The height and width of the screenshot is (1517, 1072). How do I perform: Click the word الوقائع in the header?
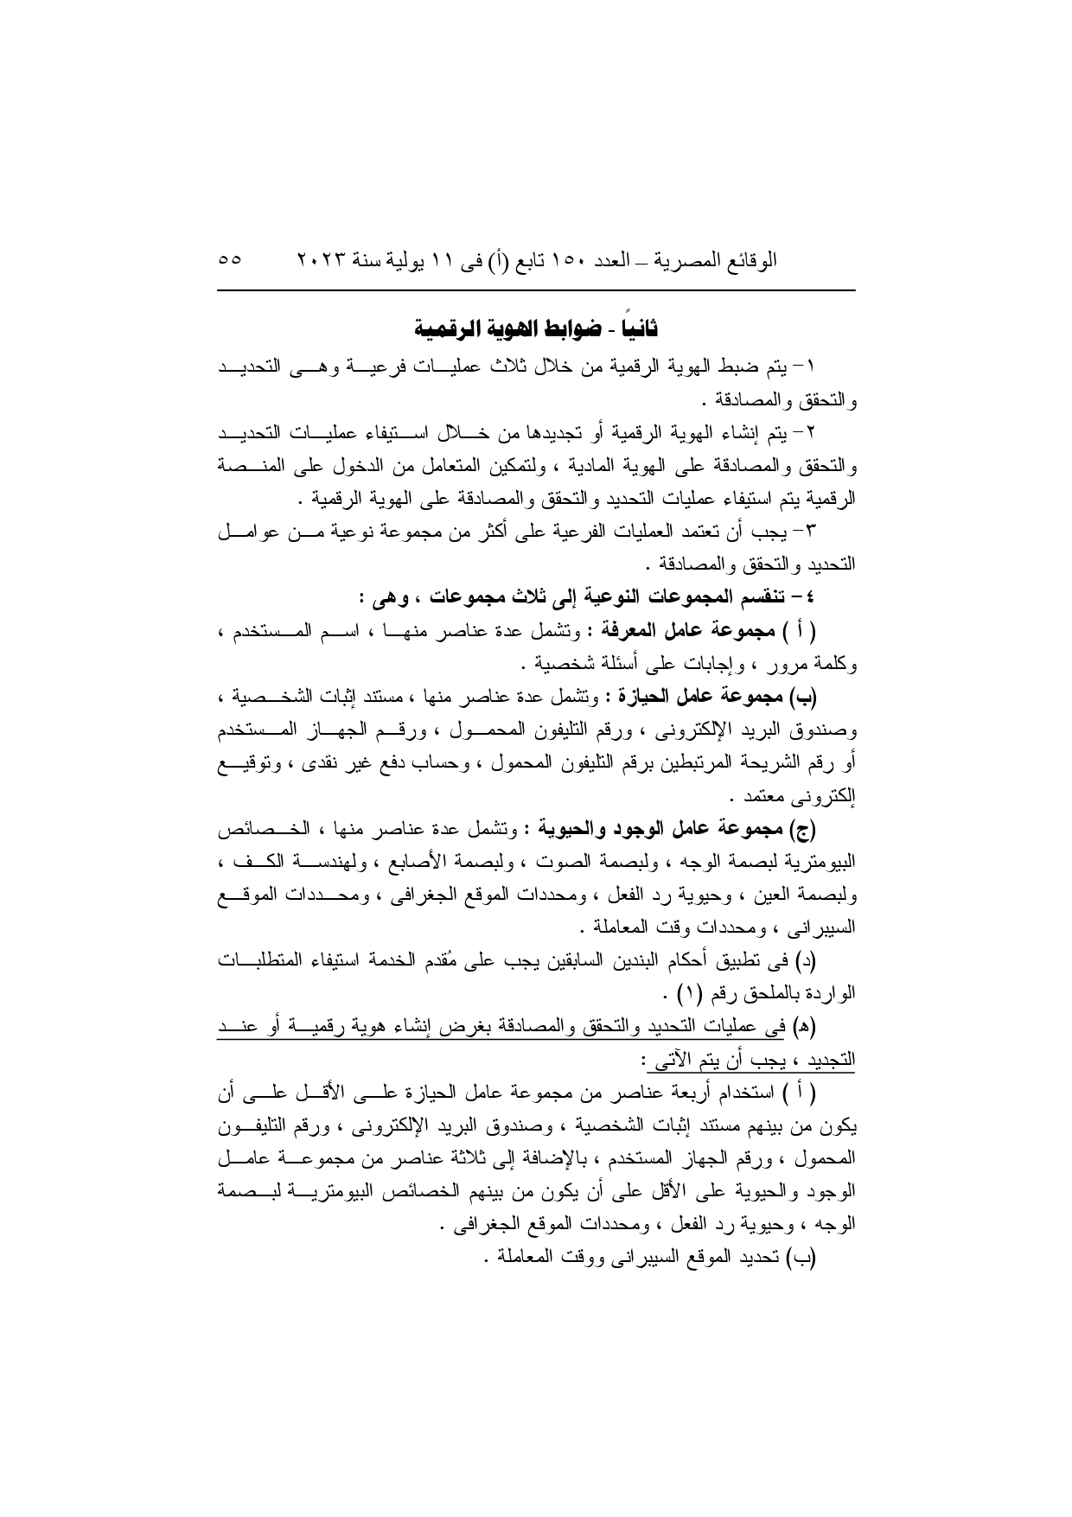(x=748, y=260)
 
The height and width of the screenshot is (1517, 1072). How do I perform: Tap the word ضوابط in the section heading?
(x=571, y=329)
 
